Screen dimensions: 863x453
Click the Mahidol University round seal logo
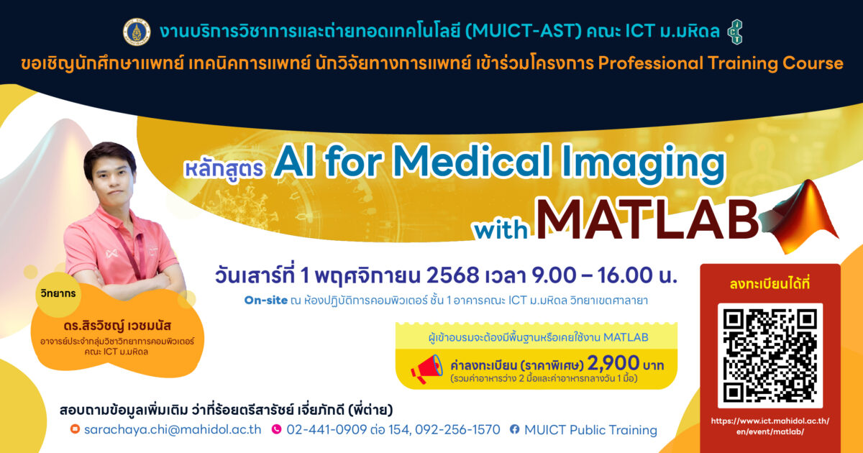pyautogui.click(x=137, y=32)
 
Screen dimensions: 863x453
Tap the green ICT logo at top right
pyautogui.click(x=736, y=32)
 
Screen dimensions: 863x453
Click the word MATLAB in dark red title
pyautogui.click(x=647, y=219)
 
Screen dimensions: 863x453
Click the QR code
pyautogui.click(x=770, y=355)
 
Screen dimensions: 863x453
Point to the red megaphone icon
pyautogui.click(x=427, y=369)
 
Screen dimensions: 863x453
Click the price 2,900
pyautogui.click(x=613, y=362)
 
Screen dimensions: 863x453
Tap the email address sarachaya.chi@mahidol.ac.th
pyautogui.click(x=173, y=429)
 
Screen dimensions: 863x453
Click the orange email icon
pyautogui.click(x=75, y=429)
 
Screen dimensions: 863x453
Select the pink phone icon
pyautogui.click(x=277, y=429)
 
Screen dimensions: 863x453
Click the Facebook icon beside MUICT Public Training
pyautogui.click(x=514, y=429)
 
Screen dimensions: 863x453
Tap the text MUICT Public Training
pyautogui.click(x=590, y=429)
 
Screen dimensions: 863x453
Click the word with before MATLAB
pyautogui.click(x=501, y=229)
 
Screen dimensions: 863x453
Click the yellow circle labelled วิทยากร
pyautogui.click(x=58, y=294)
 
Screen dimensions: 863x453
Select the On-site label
pyautogui.click(x=266, y=300)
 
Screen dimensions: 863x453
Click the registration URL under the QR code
pyautogui.click(x=770, y=426)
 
